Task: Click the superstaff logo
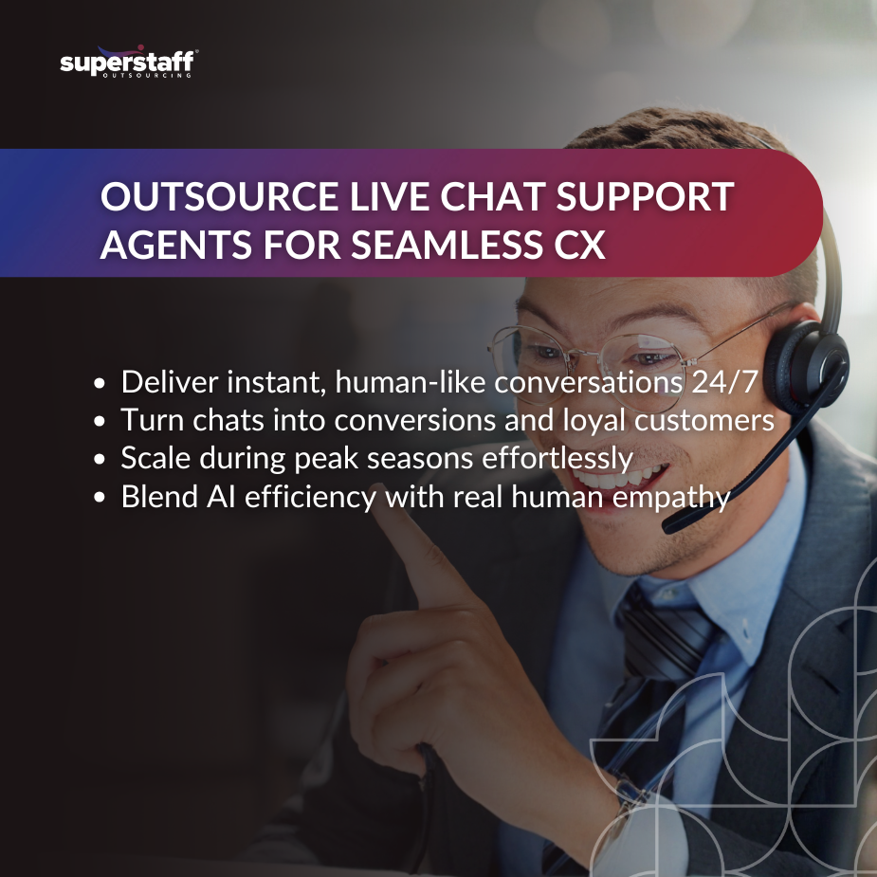coord(128,64)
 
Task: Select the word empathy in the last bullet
coord(677,497)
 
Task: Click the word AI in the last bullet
coord(218,497)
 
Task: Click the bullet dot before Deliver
coord(100,384)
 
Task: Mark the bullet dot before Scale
coord(100,460)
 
